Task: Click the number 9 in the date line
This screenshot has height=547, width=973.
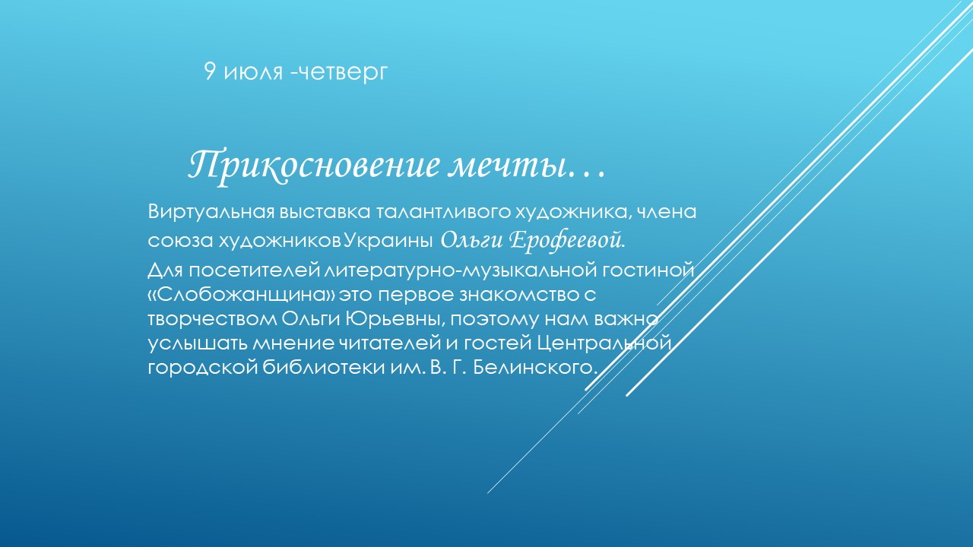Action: click(x=209, y=71)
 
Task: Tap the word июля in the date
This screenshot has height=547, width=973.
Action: click(x=253, y=73)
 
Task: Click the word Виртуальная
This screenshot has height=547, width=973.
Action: click(x=211, y=212)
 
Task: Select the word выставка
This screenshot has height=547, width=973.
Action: click(x=325, y=212)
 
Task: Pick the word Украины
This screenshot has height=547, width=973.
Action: click(x=388, y=241)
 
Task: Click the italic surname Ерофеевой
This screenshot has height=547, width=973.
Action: click(x=567, y=240)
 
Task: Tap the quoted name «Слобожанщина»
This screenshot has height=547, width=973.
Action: click(x=241, y=296)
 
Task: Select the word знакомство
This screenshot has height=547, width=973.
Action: click(x=519, y=296)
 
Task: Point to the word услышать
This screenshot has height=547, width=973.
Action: click(x=198, y=344)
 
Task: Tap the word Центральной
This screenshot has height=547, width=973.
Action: click(x=604, y=344)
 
